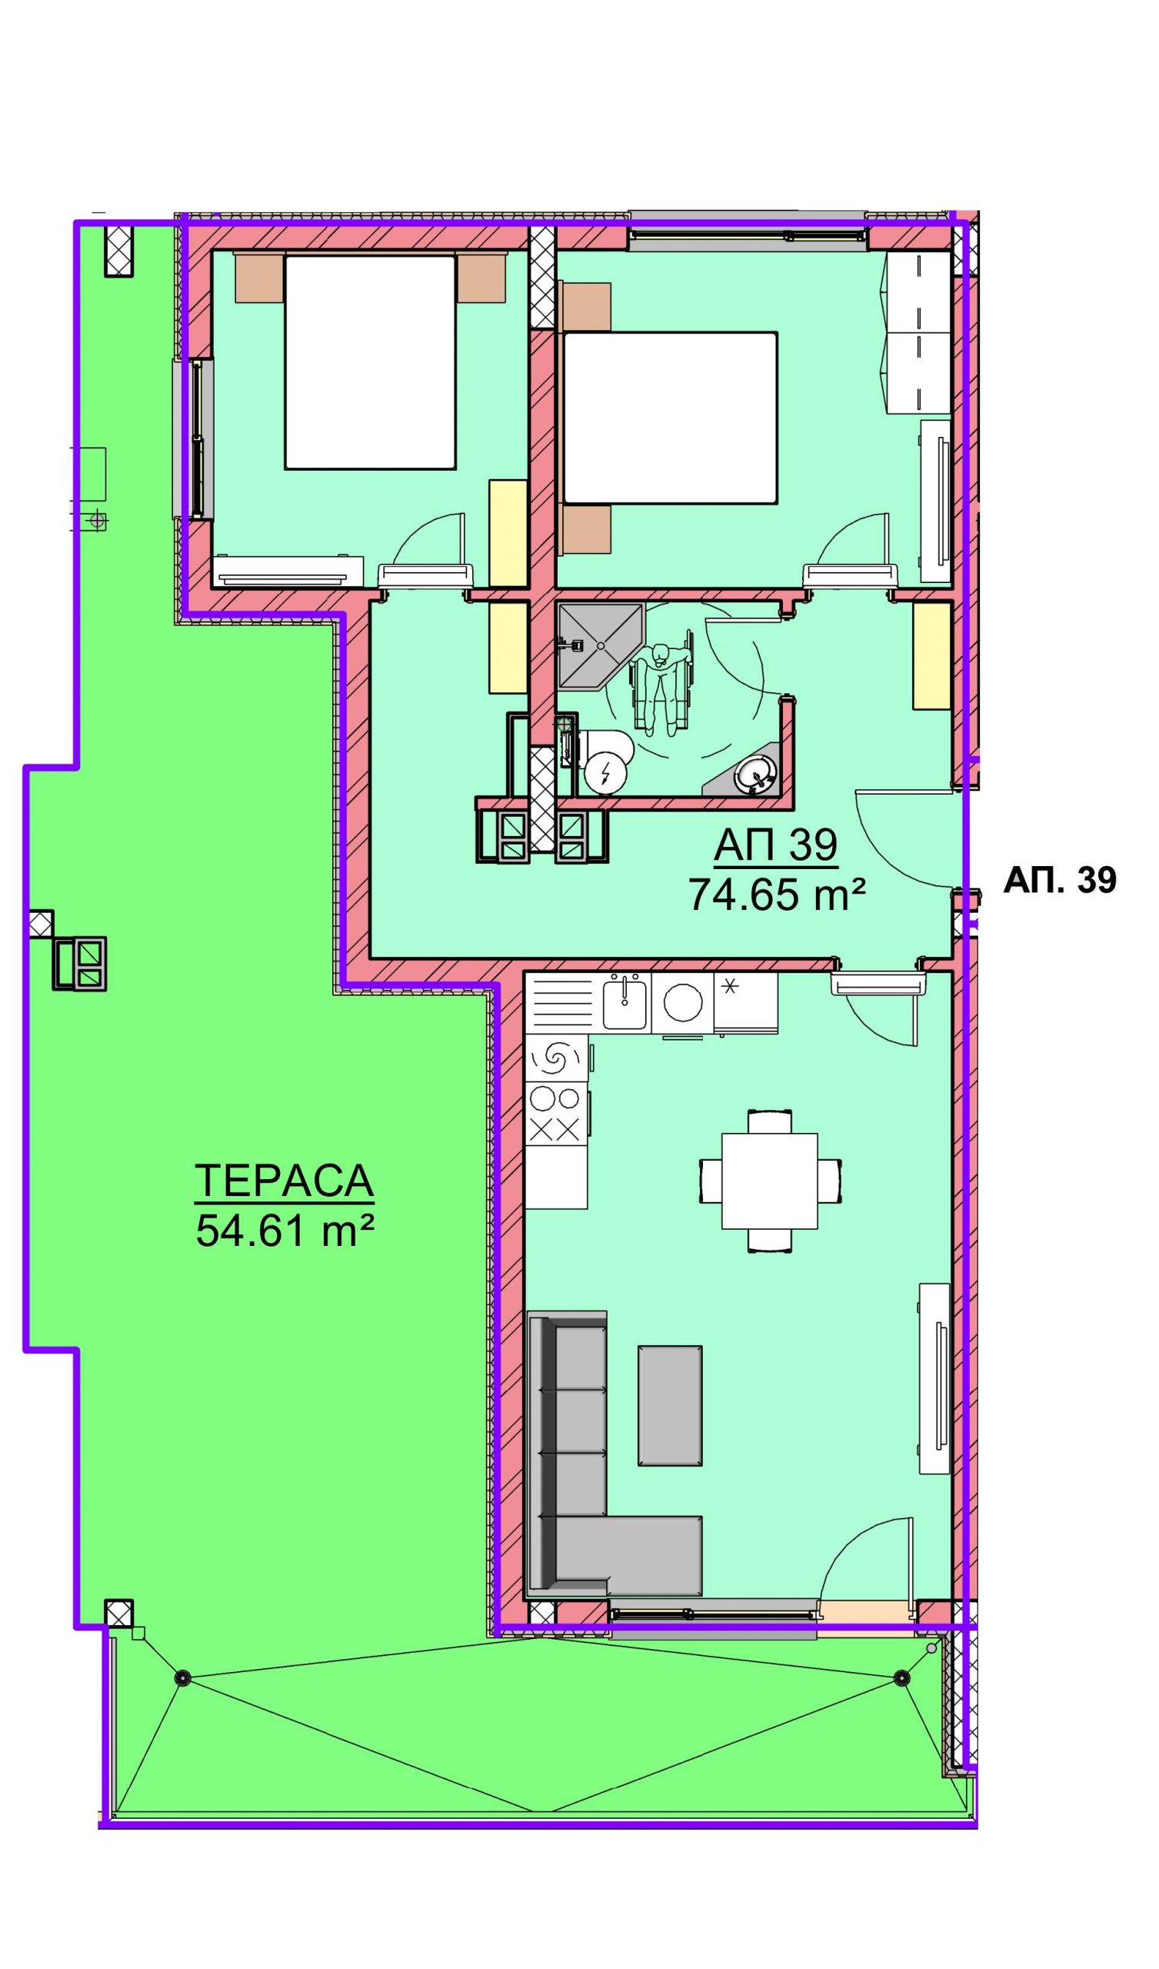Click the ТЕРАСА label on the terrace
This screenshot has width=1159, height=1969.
click(x=284, y=1181)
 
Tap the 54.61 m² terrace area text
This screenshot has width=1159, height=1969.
click(x=284, y=1233)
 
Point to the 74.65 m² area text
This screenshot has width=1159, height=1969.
click(x=777, y=895)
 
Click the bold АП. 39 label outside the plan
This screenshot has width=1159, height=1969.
click(x=1060, y=881)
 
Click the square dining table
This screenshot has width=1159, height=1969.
click(x=770, y=1181)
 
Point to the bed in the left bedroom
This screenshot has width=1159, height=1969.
click(x=370, y=362)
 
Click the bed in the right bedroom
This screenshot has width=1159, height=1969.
click(x=670, y=417)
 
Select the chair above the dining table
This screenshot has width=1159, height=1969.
click(x=770, y=1121)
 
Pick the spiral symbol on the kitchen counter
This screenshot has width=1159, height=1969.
click(x=556, y=1059)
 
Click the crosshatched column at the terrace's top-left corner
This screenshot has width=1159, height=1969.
click(x=118, y=250)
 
